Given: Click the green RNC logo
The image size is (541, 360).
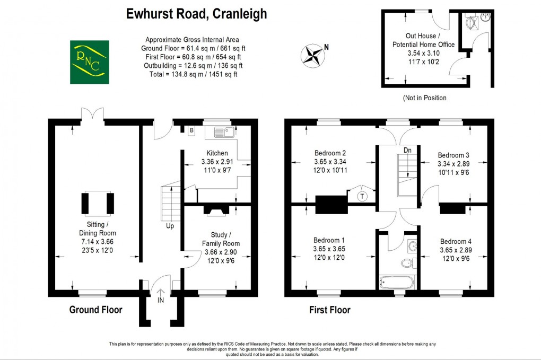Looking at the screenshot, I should pos(90,62).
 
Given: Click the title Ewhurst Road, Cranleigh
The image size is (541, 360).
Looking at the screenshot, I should pos(196,14).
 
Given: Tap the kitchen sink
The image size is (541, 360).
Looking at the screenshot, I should pos(221,130).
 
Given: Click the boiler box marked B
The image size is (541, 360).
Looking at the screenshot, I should pos(192,129).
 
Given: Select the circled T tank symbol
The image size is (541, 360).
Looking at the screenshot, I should pos(362,196).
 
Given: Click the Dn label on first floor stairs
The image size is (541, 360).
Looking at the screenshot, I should pos(407,150).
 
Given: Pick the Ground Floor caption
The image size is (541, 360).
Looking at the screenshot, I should pos(95,310).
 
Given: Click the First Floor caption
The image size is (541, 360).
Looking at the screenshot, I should pos(329,310).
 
